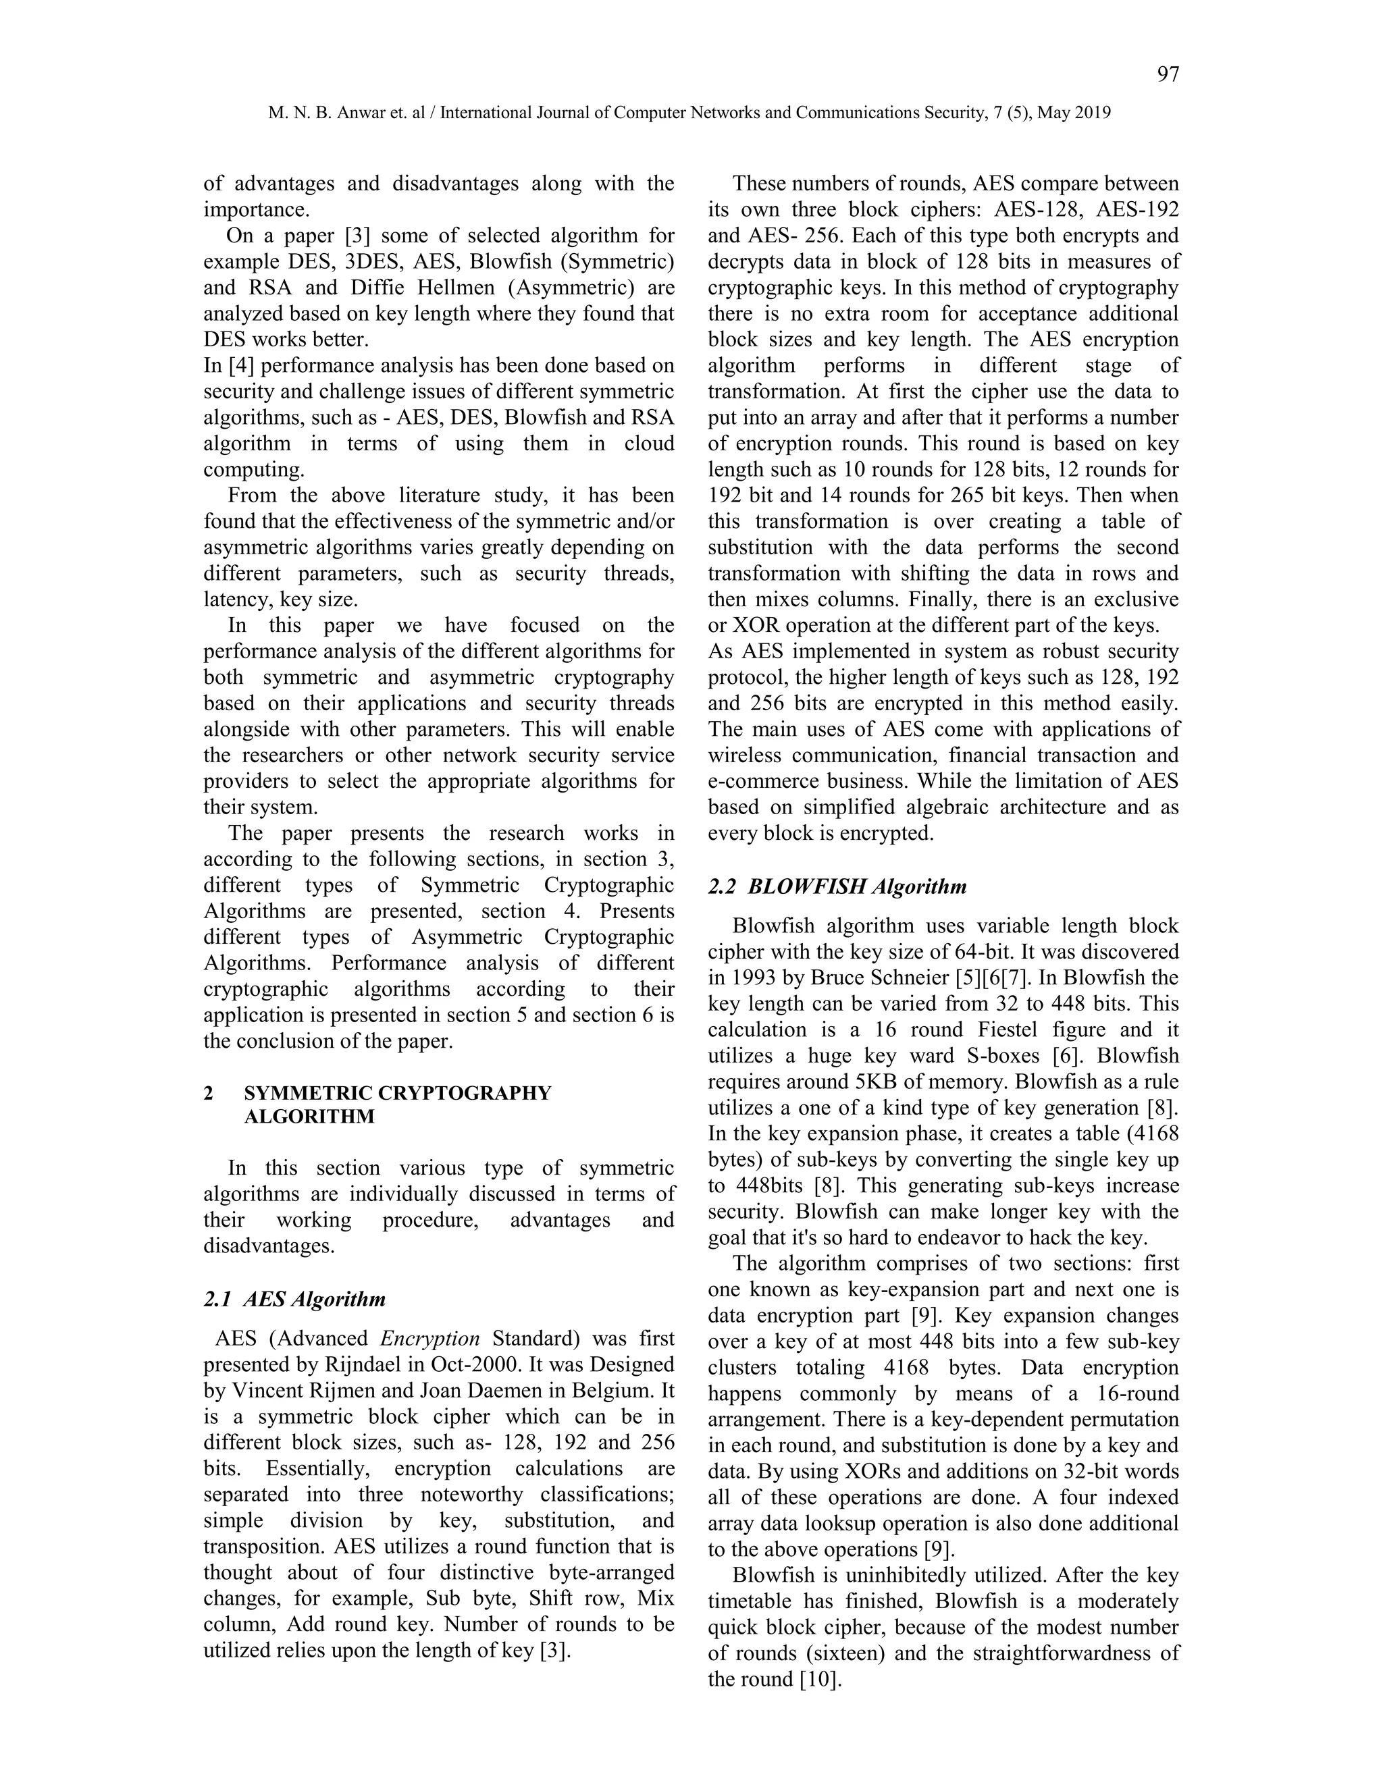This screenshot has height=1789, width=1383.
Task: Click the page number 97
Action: click(1168, 74)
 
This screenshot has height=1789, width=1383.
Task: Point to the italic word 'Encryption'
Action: click(430, 1339)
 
